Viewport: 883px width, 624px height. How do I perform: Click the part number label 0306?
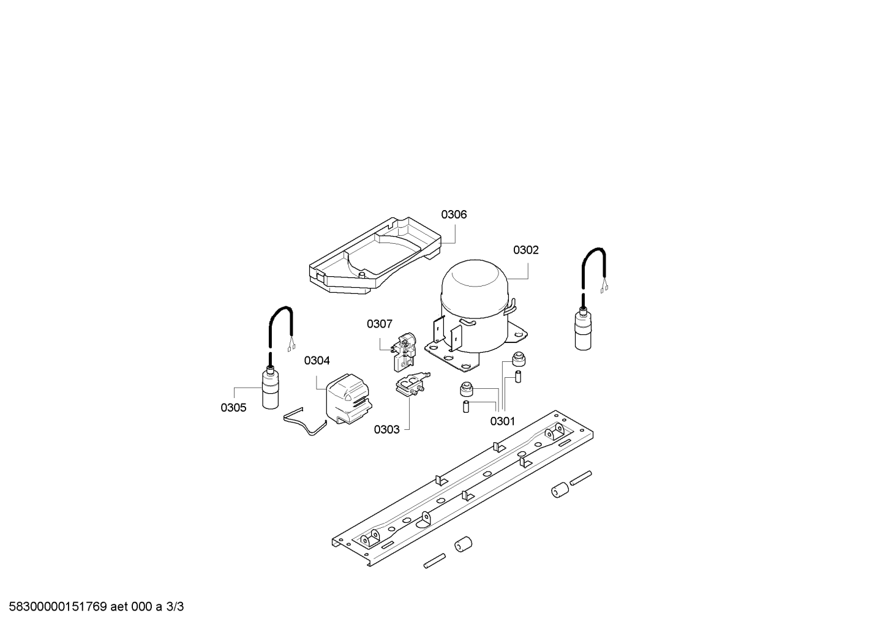point(454,214)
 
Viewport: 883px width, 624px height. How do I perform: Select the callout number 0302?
point(525,250)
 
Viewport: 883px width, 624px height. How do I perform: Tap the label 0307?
point(379,323)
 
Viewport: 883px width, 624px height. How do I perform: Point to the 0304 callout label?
point(317,360)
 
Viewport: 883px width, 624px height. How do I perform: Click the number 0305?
point(233,408)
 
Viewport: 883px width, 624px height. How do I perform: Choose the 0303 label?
point(387,429)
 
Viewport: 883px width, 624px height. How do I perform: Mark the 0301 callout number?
point(503,421)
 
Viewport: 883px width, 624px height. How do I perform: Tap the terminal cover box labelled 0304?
point(348,399)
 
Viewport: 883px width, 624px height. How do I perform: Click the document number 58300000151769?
point(58,607)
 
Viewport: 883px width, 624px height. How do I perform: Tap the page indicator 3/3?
point(175,607)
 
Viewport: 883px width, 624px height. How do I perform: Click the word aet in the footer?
point(119,607)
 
